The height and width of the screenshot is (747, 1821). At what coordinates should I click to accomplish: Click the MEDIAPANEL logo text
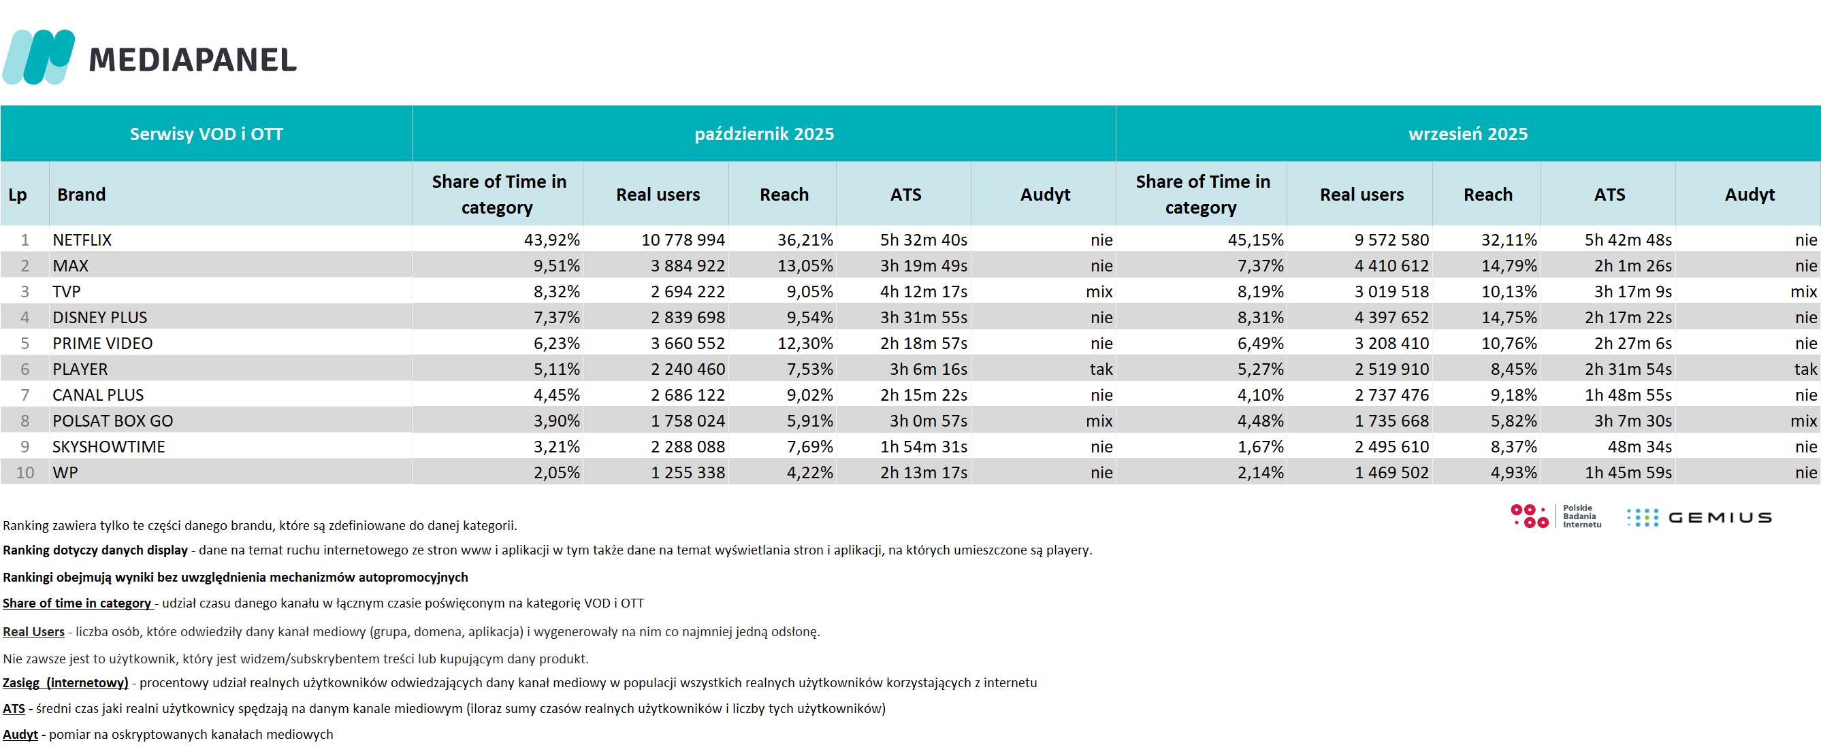[192, 60]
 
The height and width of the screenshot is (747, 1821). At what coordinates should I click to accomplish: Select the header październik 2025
[764, 134]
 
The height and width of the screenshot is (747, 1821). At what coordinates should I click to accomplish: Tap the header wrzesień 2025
[1468, 134]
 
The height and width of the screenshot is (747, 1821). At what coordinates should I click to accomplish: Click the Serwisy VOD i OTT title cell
[206, 134]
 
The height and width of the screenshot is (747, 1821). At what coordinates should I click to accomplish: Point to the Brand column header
[81, 195]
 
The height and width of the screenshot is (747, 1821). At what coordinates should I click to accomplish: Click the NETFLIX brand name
[82, 240]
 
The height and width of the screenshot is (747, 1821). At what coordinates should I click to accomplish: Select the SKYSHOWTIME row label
[108, 448]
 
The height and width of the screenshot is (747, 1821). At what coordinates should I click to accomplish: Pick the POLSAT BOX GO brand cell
[112, 421]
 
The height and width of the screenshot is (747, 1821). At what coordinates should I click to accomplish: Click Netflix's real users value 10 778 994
[682, 240]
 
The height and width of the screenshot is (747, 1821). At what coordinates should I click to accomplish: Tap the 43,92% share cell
[551, 240]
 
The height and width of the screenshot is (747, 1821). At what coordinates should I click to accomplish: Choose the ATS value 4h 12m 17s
[923, 292]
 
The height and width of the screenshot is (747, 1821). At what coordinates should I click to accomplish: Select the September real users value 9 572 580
[1391, 240]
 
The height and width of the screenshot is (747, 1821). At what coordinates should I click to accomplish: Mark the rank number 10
[25, 473]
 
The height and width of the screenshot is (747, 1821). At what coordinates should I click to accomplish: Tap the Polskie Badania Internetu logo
[1556, 516]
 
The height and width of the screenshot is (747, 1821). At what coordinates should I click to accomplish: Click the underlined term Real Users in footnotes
[33, 632]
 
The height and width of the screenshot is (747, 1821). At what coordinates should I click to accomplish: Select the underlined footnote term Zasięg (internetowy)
[65, 682]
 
